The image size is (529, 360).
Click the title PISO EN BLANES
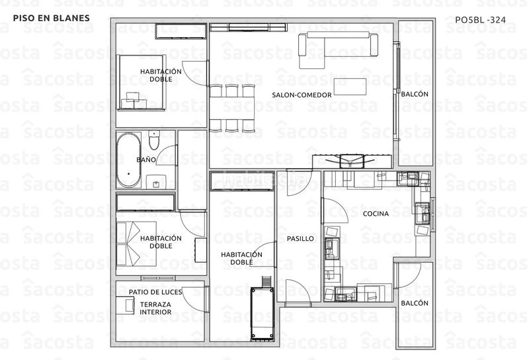click(52, 18)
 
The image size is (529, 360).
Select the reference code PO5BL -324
click(481, 20)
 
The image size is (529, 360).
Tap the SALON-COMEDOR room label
click(302, 95)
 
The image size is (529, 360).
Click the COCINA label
click(376, 214)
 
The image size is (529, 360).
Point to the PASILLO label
click(300, 238)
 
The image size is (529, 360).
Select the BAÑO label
click(146, 159)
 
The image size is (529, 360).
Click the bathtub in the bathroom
click(128, 160)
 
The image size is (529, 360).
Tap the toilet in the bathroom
click(154, 140)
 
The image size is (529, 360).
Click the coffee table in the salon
click(350, 87)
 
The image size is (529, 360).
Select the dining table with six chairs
click(231, 108)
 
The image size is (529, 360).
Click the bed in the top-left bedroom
click(142, 83)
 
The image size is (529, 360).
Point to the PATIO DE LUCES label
click(155, 292)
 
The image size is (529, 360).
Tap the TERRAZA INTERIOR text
click(155, 308)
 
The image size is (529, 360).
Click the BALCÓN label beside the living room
click(415, 94)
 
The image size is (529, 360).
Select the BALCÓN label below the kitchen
click(415, 303)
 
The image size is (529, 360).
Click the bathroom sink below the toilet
click(156, 182)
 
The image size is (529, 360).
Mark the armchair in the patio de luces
click(125, 306)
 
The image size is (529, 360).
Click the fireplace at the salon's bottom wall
click(352, 161)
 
